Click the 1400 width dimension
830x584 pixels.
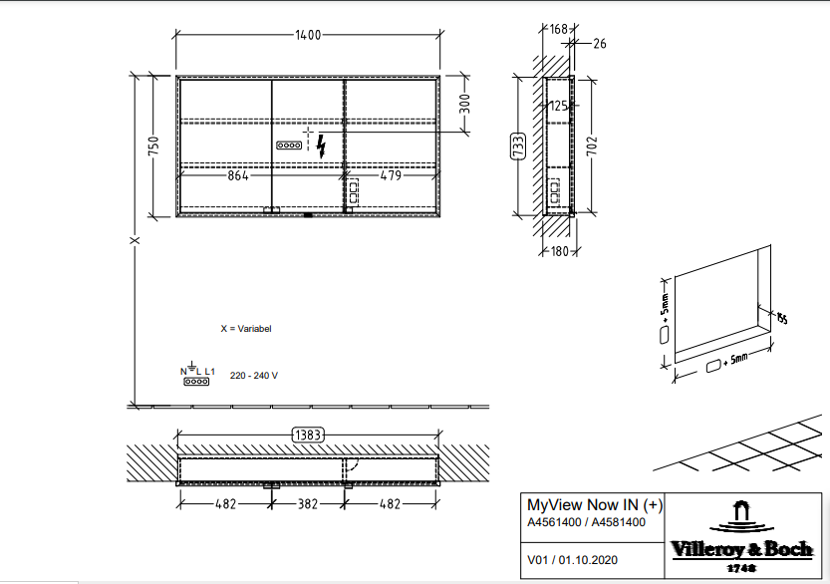[x=308, y=36]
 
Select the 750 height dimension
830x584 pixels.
[x=153, y=146]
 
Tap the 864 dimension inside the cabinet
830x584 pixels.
[x=237, y=176]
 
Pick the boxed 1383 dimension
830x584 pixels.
[x=308, y=435]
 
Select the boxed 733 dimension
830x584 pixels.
[x=518, y=146]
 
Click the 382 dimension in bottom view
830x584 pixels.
[x=307, y=504]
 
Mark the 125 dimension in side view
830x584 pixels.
[x=558, y=105]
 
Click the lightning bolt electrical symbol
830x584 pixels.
[x=321, y=147]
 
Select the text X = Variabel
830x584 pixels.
[x=246, y=328]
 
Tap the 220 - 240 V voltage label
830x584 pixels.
[x=254, y=376]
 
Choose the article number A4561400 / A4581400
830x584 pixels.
[x=586, y=521]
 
